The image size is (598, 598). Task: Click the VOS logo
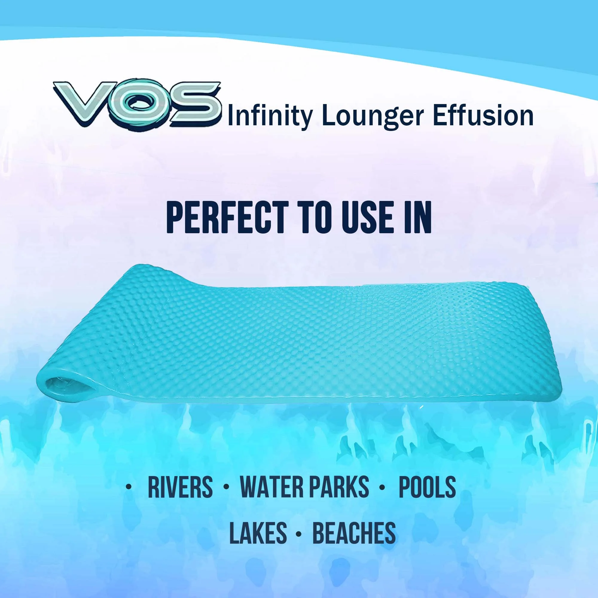point(138,104)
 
